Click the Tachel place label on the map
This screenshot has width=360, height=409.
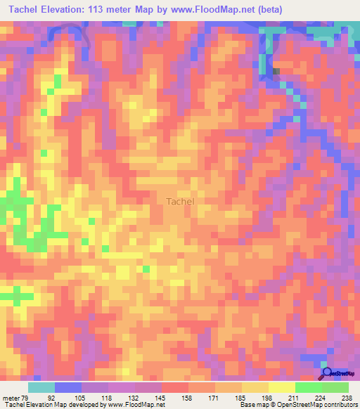point(180,201)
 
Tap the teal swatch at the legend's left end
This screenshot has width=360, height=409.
point(41,387)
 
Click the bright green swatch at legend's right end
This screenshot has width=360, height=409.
point(335,387)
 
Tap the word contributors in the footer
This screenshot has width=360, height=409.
point(336,405)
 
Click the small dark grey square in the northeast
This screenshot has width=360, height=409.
point(276,71)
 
